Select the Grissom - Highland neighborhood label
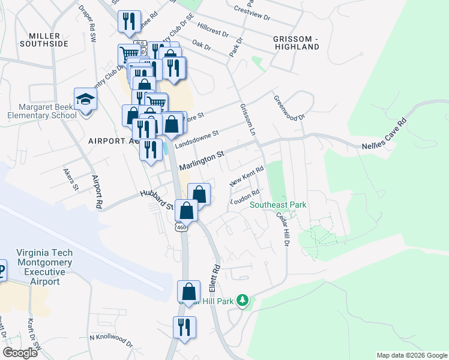click(295, 42)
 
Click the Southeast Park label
click(278, 205)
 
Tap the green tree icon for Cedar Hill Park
click(243, 299)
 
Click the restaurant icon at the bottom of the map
click(184, 328)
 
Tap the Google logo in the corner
click(20, 353)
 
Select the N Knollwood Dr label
click(111, 340)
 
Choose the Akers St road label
click(71, 179)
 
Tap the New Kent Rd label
click(246, 176)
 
